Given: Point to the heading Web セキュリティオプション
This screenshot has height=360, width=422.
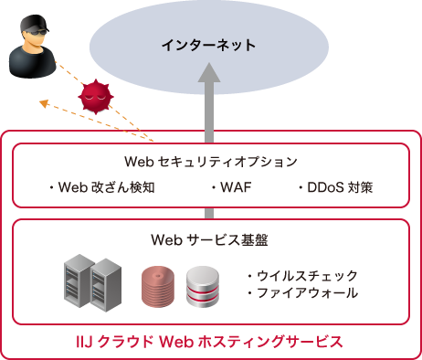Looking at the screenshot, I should pyautogui.click(x=211, y=163).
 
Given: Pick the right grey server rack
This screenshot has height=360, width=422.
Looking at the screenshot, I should pyautogui.click(x=106, y=283).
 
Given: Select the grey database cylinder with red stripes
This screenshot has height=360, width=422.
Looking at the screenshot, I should pyautogui.click(x=202, y=287).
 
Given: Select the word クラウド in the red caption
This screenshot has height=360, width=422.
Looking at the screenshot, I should pyautogui.click(x=128, y=343).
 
